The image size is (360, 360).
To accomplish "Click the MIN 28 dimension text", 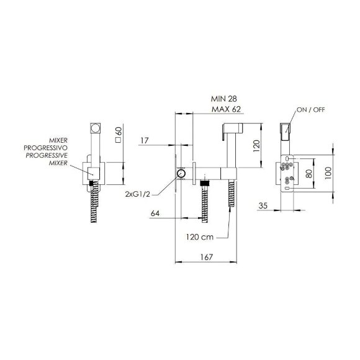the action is click(x=224, y=99).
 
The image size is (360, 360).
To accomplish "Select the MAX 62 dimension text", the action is click(x=226, y=109).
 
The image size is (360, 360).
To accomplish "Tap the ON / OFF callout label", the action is click(x=311, y=110).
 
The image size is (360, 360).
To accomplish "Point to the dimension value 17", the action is click(x=145, y=140).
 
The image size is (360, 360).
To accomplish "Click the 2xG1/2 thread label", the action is click(x=138, y=194).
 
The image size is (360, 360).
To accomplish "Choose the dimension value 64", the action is click(x=155, y=214).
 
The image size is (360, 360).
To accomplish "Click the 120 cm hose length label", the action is click(x=200, y=237).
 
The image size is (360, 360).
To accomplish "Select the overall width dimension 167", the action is click(x=207, y=257).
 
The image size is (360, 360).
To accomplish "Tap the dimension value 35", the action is click(x=263, y=205).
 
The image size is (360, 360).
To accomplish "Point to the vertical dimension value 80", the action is click(x=309, y=173).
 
